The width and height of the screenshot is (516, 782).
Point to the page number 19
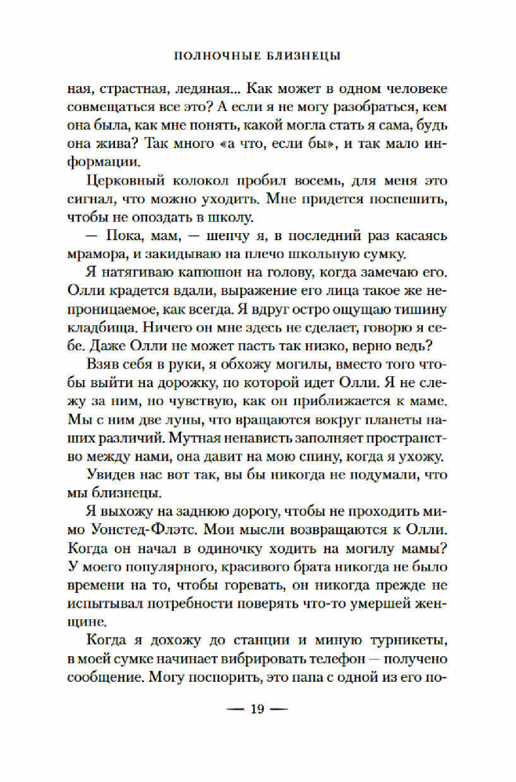(x=258, y=733)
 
